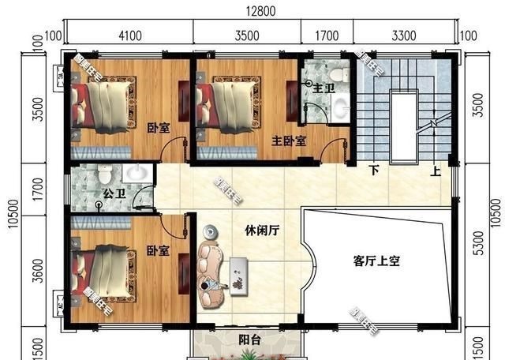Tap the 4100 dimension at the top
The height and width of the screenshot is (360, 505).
pyautogui.click(x=129, y=35)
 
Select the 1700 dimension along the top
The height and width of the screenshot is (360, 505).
pyautogui.click(x=327, y=35)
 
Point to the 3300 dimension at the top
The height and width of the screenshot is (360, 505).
pyautogui.click(x=403, y=35)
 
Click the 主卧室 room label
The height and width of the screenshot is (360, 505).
pyautogui.click(x=290, y=141)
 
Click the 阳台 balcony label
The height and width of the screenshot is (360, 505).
pyautogui.click(x=249, y=340)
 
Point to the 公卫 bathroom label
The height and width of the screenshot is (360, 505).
pyautogui.click(x=112, y=192)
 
